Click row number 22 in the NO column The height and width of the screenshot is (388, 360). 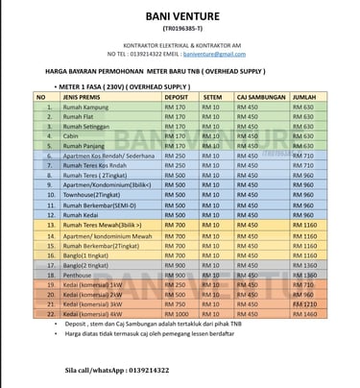tap(48, 314)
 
